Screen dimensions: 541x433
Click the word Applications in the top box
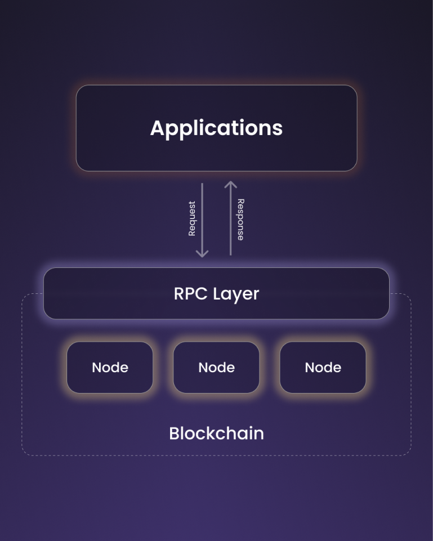(216, 128)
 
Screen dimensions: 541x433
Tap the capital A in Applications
(157, 128)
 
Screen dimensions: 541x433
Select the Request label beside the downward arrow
(191, 218)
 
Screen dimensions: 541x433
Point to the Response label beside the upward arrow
(240, 220)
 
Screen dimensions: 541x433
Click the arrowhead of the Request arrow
(202, 254)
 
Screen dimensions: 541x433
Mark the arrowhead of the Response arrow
(230, 184)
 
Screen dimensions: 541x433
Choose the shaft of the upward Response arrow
(230, 220)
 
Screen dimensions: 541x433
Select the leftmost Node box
(110, 368)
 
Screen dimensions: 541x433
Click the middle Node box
(216, 368)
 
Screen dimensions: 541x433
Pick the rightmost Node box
(323, 368)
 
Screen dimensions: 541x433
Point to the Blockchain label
(216, 433)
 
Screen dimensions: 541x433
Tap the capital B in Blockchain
(174, 433)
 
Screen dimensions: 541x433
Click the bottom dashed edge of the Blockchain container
(216, 455)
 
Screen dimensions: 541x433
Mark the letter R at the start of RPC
(178, 294)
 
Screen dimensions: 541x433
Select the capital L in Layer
(217, 294)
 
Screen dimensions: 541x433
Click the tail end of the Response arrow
(230, 254)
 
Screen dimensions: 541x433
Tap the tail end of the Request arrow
(202, 184)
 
